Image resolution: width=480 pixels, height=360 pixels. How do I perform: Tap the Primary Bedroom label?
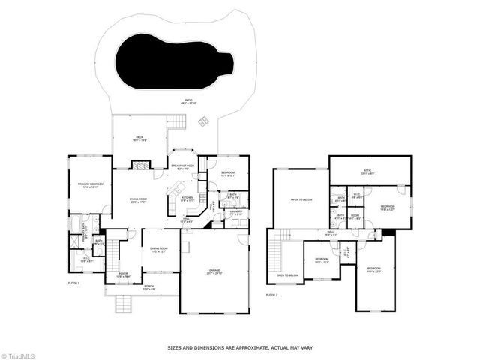tap(88, 184)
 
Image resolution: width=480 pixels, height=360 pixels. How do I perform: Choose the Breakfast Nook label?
tap(183, 166)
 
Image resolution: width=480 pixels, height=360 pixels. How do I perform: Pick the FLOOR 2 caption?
tap(271, 295)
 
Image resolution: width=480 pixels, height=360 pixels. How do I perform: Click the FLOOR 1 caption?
tap(73, 283)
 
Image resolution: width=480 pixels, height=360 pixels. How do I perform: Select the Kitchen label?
tap(188, 199)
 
